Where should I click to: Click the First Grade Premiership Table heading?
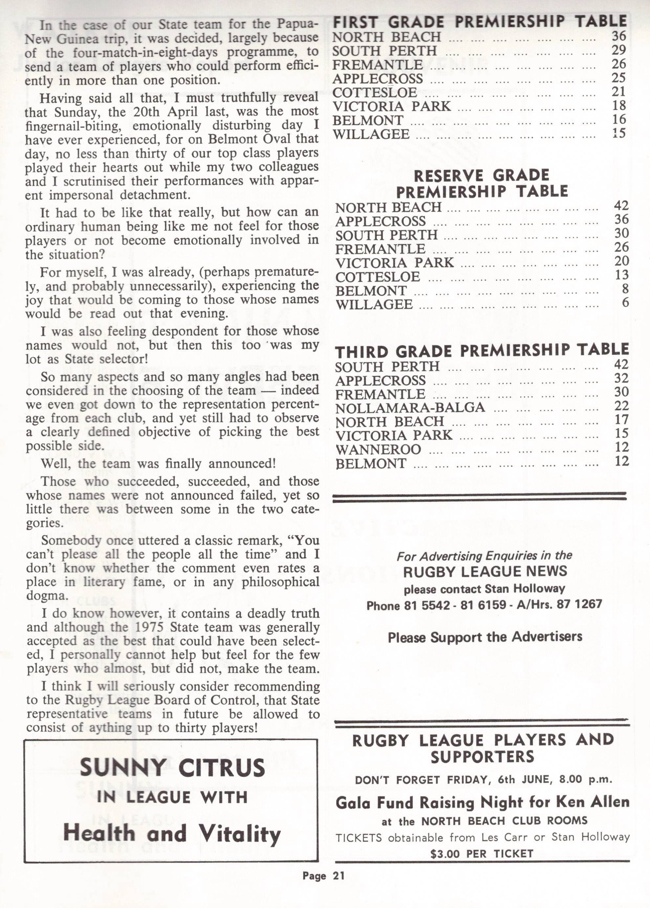[x=480, y=22]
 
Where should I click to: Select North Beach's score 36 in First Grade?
[x=618, y=36]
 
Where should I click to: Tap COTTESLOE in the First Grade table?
[x=375, y=93]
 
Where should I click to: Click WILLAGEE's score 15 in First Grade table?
[x=618, y=133]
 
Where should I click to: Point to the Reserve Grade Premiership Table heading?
[x=482, y=183]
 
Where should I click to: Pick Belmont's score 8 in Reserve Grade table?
[x=624, y=289]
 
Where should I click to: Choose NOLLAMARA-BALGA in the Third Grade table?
[x=410, y=408]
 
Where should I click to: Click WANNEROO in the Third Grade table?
[x=378, y=450]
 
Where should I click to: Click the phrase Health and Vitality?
[x=172, y=834]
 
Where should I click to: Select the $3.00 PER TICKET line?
[x=482, y=854]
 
